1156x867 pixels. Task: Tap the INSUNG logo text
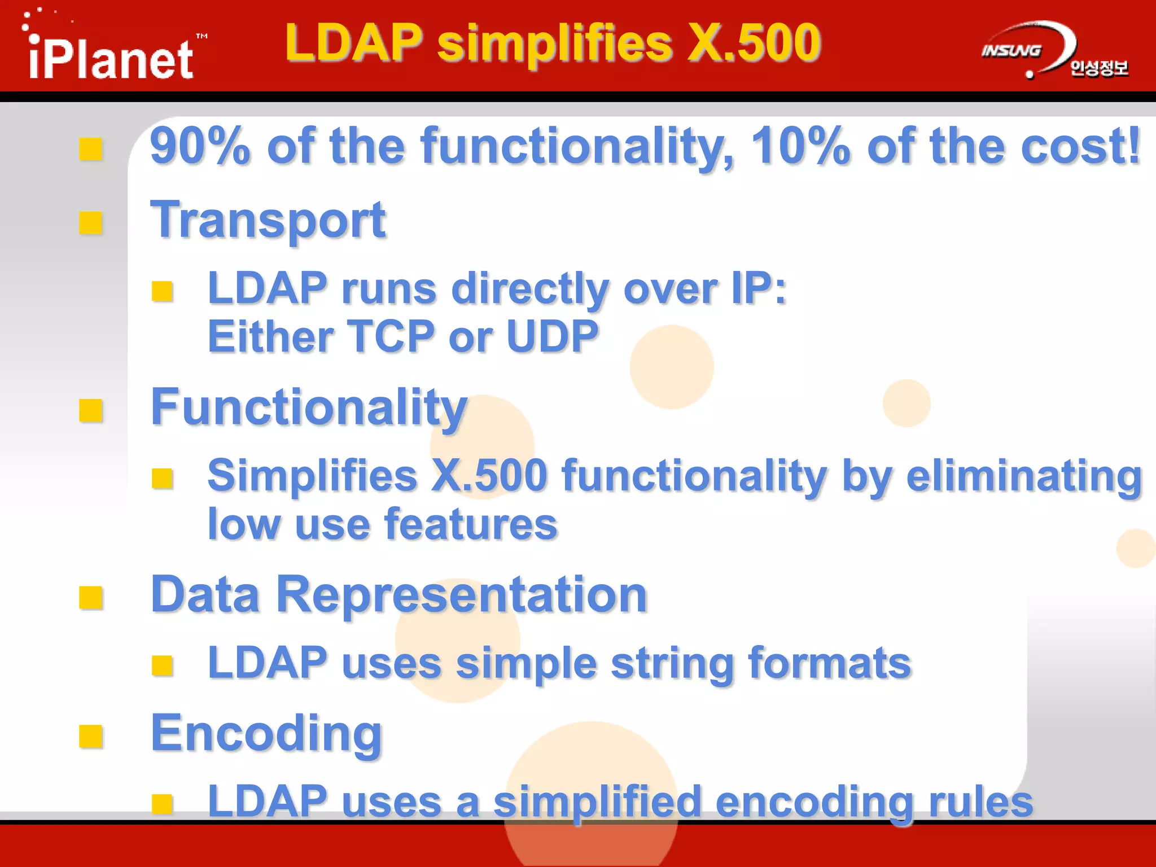click(1011, 51)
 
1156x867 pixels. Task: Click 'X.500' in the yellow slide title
click(754, 43)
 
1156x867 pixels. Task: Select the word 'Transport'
click(268, 221)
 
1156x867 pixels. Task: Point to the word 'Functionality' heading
click(309, 408)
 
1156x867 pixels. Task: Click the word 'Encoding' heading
click(266, 733)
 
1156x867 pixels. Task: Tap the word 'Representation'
click(461, 595)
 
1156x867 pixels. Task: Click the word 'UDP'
click(552, 337)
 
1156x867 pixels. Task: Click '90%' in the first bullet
click(200, 147)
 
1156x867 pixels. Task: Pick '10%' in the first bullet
click(800, 147)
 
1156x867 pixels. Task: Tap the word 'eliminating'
click(1024, 476)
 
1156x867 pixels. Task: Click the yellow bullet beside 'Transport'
click(90, 222)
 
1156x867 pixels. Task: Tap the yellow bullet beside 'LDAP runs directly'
click(162, 291)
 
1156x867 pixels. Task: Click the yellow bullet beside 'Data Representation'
click(90, 597)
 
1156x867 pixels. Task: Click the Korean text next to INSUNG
click(1098, 68)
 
